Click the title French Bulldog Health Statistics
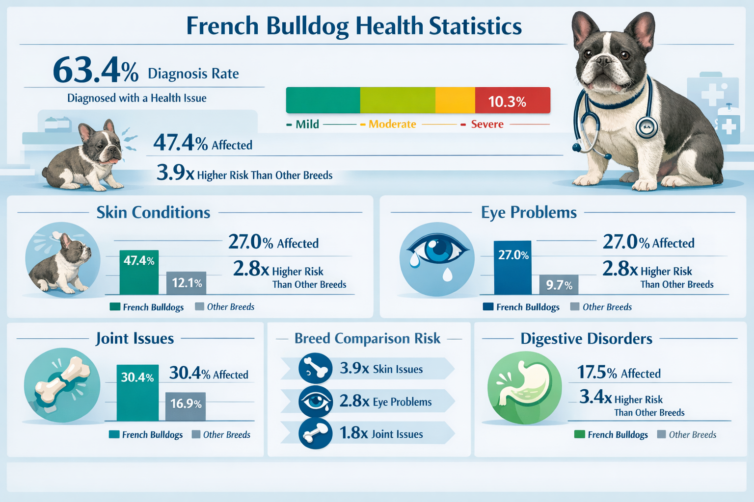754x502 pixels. tap(354, 26)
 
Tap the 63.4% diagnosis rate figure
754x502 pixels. tap(96, 71)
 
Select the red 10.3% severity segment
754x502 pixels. tap(512, 101)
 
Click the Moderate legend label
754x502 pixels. tap(392, 125)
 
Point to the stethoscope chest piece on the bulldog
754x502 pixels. tap(646, 127)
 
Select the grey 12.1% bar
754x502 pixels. tap(187, 283)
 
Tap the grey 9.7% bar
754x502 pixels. tap(559, 285)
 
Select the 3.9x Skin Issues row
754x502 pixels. tap(367, 369)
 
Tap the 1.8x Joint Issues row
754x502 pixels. tap(367, 433)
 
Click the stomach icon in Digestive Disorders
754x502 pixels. tap(524, 387)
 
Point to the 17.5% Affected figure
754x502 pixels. tap(619, 373)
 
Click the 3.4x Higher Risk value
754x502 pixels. tap(595, 397)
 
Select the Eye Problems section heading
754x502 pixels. tap(529, 212)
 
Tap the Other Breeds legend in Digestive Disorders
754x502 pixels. tap(687, 435)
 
